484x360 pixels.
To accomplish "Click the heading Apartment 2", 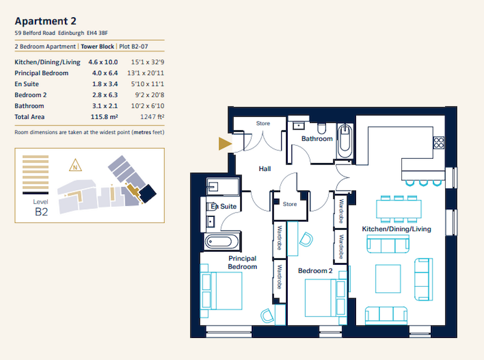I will pos(46,22).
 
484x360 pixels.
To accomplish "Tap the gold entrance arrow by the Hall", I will pos(224,143).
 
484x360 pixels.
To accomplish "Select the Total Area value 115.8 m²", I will pos(103,117).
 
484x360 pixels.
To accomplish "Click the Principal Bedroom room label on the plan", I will pos(242,263).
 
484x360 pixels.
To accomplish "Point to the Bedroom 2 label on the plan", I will pos(315,271).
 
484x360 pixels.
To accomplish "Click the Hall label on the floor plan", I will pos(265,169).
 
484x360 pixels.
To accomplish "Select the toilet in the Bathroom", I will pos(322,128).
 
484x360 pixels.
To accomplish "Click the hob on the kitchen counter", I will pos(439,143).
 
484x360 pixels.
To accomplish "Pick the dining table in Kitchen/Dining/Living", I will pos(398,208).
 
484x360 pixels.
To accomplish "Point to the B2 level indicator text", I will pos(41,211).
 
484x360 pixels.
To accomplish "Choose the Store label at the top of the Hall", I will pos(263,124).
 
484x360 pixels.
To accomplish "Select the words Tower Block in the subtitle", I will pos(97,47).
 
